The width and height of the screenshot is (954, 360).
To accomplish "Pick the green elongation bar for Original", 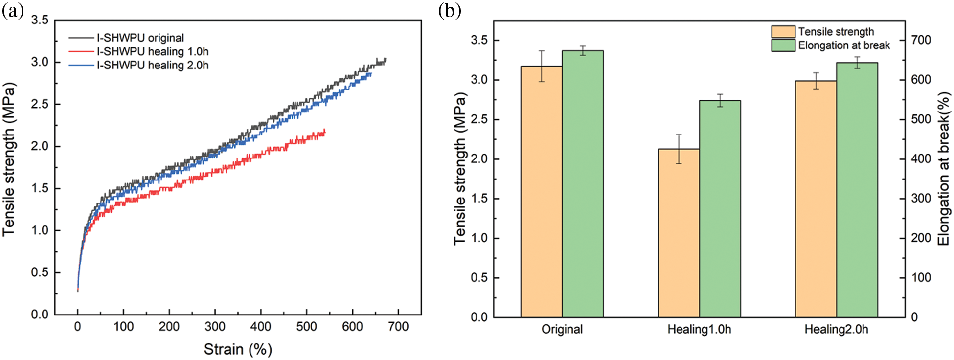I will [583, 184].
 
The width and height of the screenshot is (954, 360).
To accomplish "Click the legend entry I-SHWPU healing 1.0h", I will [152, 52].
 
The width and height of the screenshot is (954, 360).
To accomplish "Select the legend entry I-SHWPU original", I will [140, 38].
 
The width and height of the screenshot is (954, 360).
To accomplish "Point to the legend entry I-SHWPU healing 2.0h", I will [152, 66].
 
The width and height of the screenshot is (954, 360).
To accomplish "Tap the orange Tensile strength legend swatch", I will [783, 32].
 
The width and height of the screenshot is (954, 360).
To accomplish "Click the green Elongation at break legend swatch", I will [783, 45].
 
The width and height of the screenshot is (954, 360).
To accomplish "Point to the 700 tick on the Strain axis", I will [398, 327].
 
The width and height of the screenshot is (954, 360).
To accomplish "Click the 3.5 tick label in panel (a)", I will [40, 20].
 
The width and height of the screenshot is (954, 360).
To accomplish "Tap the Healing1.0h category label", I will [699, 330].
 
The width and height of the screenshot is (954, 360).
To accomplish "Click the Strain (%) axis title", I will [238, 349].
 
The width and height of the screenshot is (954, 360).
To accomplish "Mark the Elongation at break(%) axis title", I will [944, 169].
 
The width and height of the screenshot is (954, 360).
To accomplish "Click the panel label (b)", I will [450, 11].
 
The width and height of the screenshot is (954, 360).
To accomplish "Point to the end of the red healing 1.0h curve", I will [324, 131].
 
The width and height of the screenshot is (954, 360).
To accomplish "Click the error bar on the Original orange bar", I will [542, 66].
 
